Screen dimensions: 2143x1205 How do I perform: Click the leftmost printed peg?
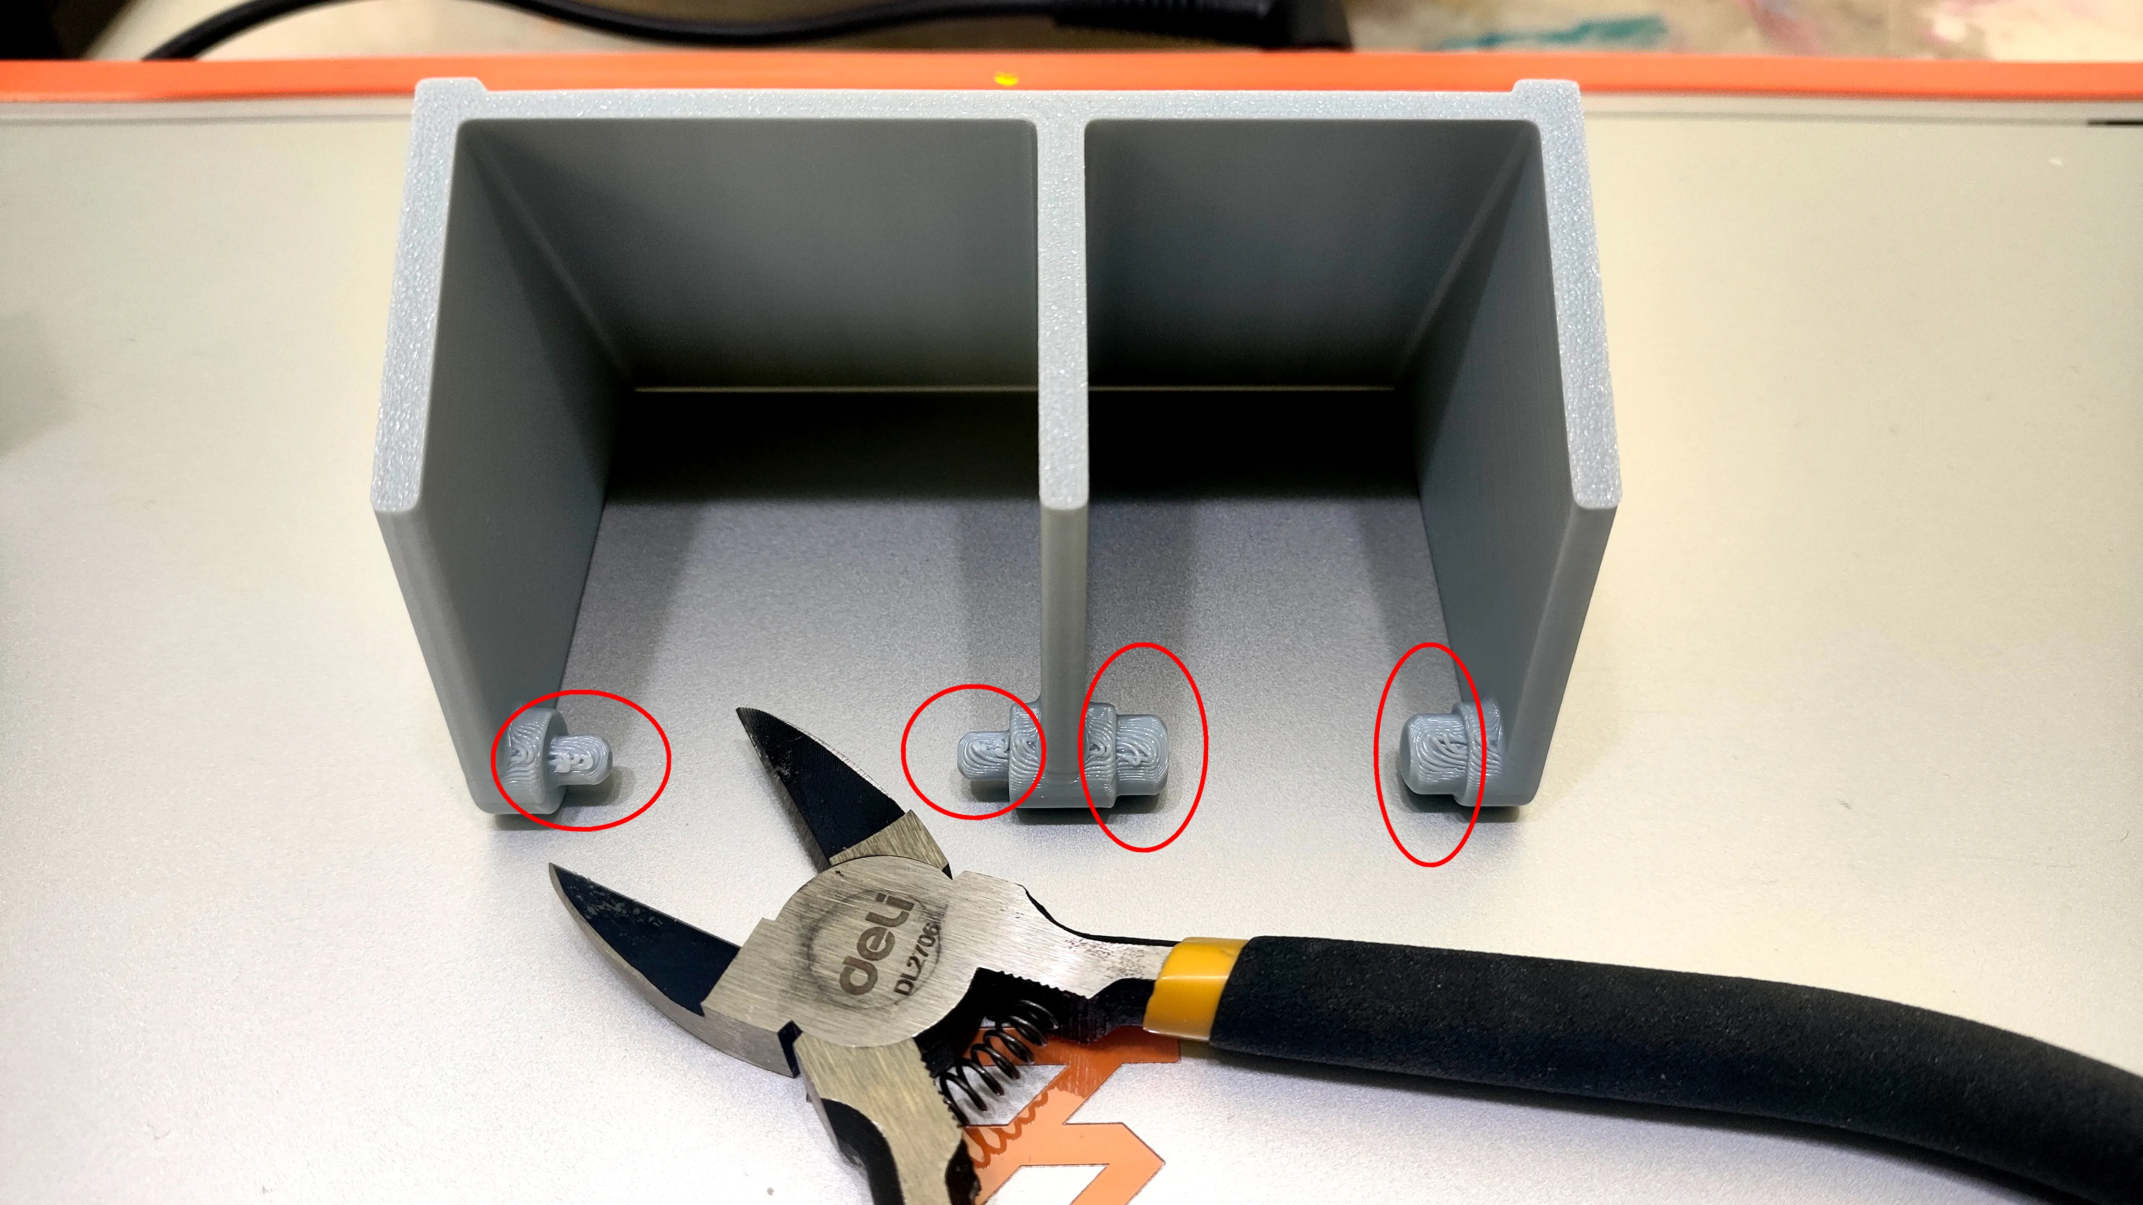pyautogui.click(x=559, y=757)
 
